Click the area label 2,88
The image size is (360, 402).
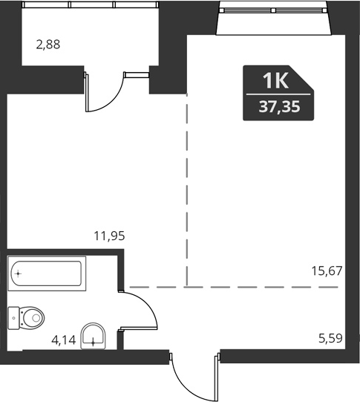point(48,44)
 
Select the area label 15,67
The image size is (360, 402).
point(327,270)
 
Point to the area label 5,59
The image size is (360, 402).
point(330,339)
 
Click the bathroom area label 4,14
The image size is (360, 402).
point(63,341)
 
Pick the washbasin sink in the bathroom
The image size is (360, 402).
point(94,336)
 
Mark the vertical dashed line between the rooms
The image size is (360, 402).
point(186,193)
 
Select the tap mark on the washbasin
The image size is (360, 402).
point(94,343)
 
